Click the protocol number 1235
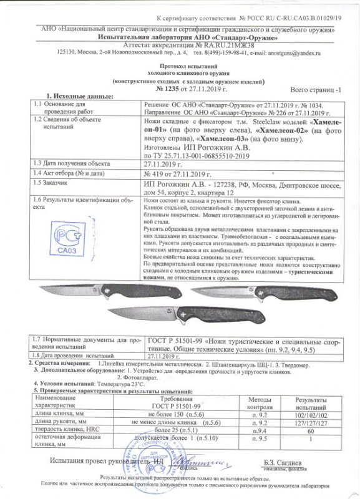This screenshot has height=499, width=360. point(164,90)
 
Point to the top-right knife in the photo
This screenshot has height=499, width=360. point(250,293)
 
